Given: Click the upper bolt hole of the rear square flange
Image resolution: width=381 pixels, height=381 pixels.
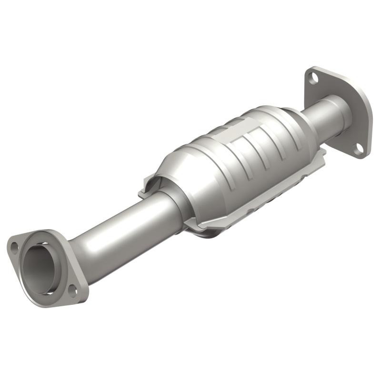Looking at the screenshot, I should [x=313, y=77].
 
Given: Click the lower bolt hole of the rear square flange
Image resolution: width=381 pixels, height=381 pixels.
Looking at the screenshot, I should [x=359, y=149].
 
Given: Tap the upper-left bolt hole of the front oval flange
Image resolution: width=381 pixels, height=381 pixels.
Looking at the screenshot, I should [x=15, y=247].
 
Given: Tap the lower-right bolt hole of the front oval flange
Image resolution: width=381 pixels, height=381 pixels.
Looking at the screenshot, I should [x=72, y=289].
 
